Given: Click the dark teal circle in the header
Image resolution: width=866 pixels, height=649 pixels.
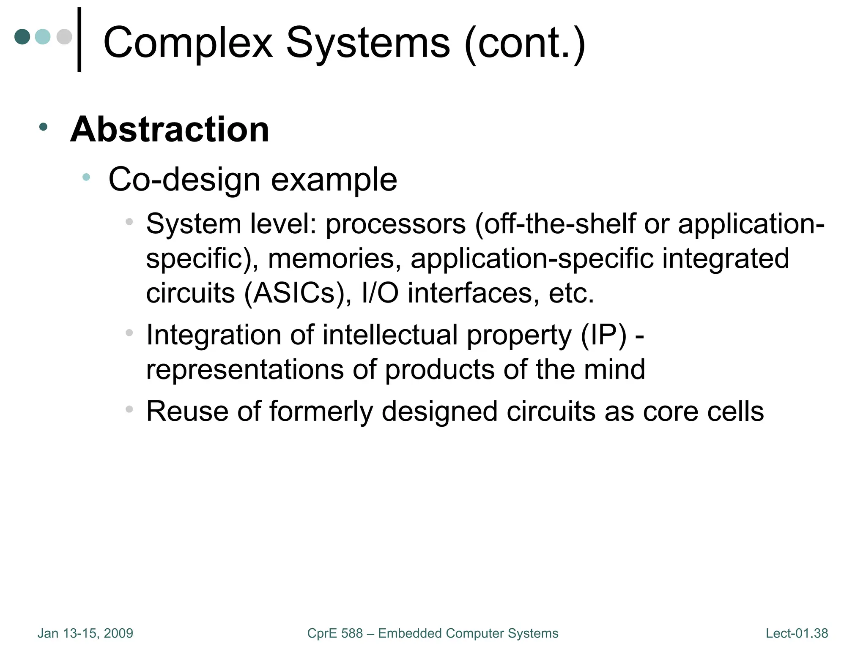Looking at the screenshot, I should [x=22, y=37].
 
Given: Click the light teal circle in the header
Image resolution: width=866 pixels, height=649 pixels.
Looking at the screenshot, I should [x=43, y=37].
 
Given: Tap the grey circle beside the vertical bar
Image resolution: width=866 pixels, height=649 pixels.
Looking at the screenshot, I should [x=64, y=37].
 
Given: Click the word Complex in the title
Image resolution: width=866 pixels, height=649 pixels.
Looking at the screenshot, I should [x=188, y=43].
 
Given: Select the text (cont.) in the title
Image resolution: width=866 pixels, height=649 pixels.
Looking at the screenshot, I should [x=524, y=43].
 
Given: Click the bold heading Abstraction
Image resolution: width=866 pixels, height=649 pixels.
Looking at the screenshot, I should [x=170, y=129].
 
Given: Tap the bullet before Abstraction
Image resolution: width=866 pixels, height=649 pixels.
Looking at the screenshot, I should [x=43, y=126].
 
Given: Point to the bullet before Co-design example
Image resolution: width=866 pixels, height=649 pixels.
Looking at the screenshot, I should [x=86, y=177].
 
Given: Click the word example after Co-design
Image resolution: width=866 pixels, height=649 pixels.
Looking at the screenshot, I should [x=334, y=180].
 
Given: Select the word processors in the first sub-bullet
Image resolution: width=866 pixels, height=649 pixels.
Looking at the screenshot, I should [x=395, y=224].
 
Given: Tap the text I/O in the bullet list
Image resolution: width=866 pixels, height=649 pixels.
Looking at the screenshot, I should [x=380, y=293].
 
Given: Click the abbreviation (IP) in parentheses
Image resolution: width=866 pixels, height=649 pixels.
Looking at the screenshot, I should [x=603, y=335].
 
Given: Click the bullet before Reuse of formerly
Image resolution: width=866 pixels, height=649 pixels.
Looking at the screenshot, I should [x=129, y=409].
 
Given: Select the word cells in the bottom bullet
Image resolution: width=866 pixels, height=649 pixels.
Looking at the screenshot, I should [x=735, y=411].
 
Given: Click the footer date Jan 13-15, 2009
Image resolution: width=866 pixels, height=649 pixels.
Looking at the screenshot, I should [x=85, y=633].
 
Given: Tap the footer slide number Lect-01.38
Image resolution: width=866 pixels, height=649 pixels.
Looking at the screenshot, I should [x=797, y=633].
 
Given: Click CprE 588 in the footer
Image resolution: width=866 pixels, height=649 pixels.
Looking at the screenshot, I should [x=335, y=633].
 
